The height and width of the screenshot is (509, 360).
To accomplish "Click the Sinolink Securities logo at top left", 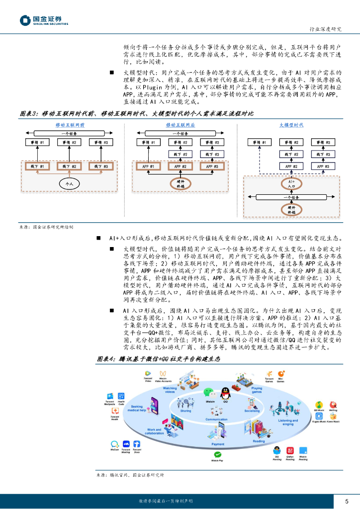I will [x=44, y=20].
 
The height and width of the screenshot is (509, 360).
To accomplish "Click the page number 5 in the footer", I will [x=347, y=501].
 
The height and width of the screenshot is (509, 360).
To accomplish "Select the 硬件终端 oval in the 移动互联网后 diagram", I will [x=180, y=184].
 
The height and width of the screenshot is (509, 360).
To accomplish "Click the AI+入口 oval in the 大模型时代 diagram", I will [x=291, y=183].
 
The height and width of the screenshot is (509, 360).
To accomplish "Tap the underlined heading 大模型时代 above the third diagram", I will [x=291, y=125].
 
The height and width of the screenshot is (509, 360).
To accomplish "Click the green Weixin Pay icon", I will [x=217, y=454].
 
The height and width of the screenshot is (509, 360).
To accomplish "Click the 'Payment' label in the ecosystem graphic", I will [x=218, y=444].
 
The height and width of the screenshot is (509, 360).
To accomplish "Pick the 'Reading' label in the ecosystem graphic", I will [x=259, y=441].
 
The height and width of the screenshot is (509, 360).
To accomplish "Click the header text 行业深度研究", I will [x=325, y=29].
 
